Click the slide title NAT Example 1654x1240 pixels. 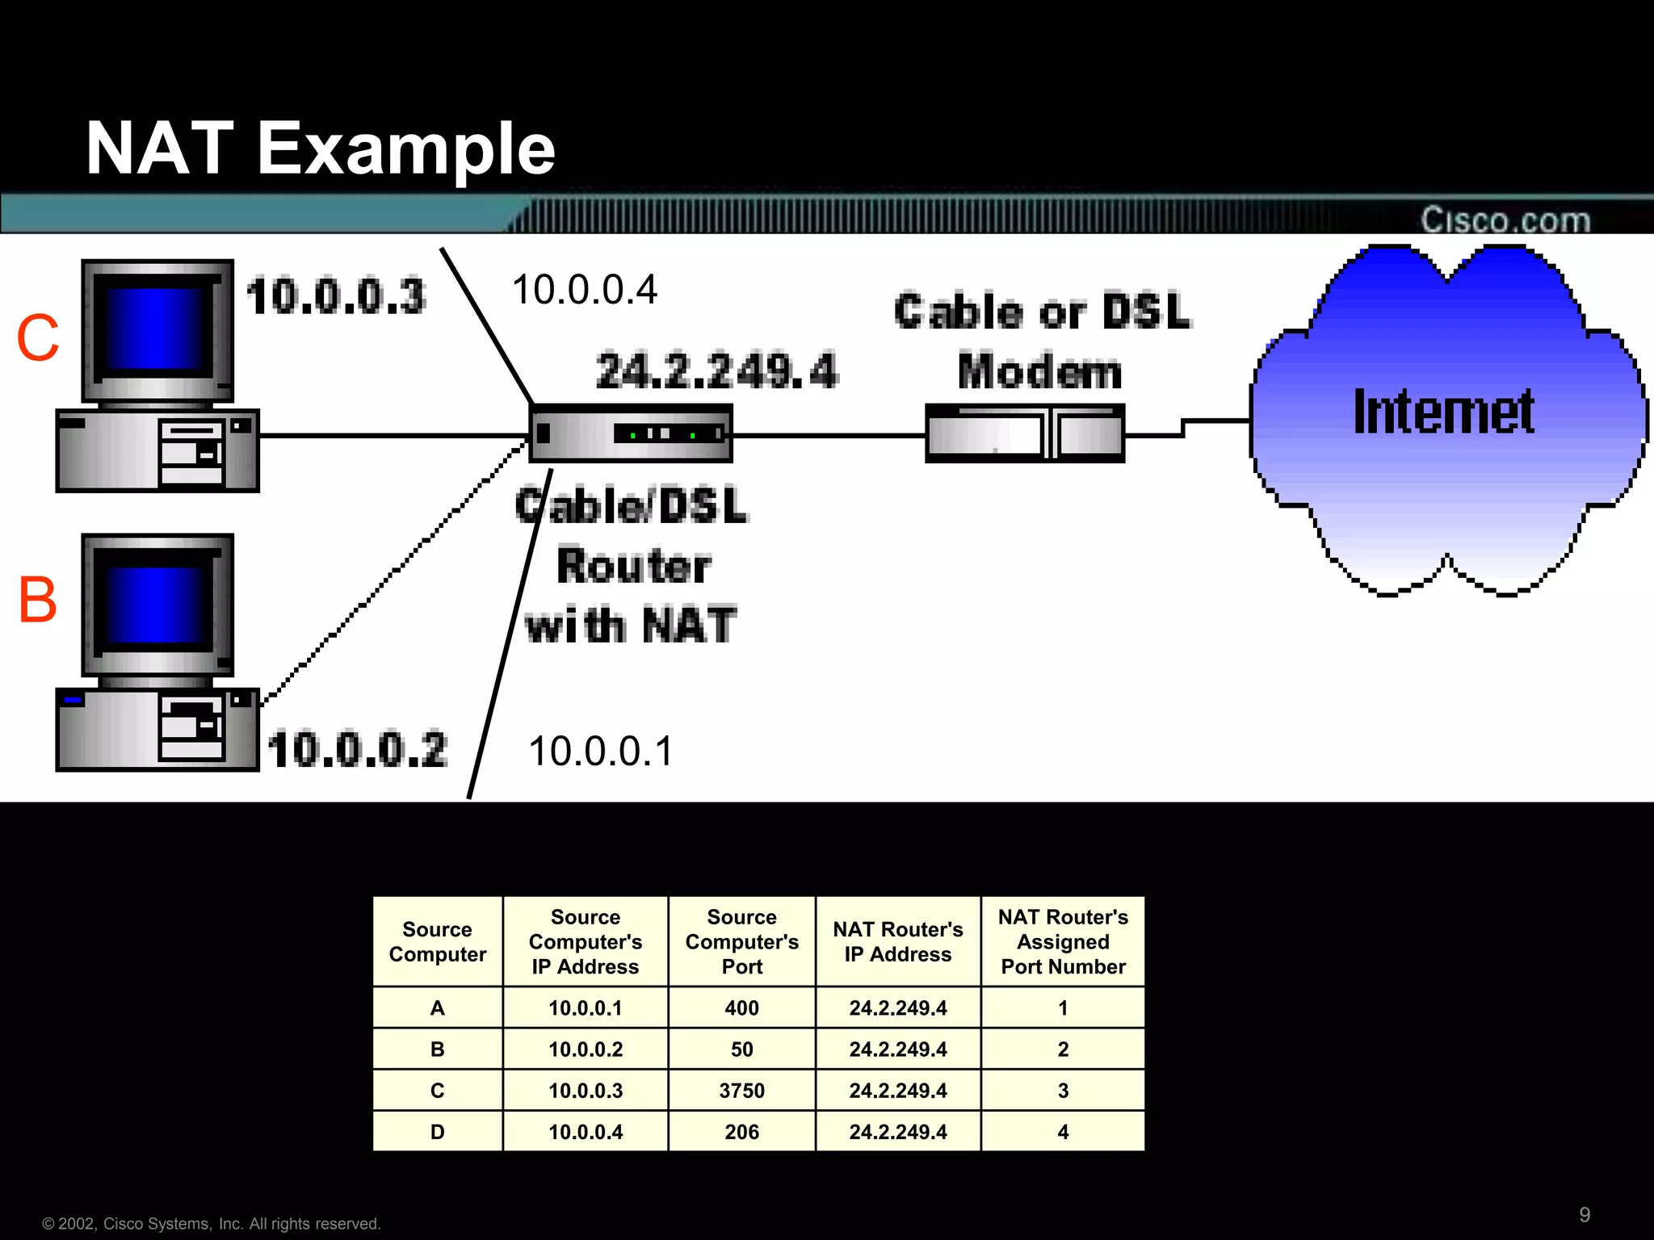click(x=321, y=149)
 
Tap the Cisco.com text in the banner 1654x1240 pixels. click(x=1505, y=220)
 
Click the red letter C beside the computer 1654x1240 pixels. click(x=38, y=337)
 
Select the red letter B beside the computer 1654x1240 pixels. click(x=38, y=600)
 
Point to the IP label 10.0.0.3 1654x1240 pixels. click(x=335, y=295)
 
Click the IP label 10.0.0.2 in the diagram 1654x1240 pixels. click(x=357, y=749)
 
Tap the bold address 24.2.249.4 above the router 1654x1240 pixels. click(x=716, y=371)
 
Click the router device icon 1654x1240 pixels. click(x=630, y=434)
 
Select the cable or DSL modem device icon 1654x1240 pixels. click(x=1024, y=434)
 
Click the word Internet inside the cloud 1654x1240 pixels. click(x=1443, y=412)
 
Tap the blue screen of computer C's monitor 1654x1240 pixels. click(x=153, y=327)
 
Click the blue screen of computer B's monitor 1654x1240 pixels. click(x=153, y=604)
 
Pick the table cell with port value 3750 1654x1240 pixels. click(x=741, y=1091)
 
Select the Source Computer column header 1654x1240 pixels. click(x=437, y=941)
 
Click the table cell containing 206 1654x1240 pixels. click(x=741, y=1132)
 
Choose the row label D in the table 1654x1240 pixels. click(x=437, y=1132)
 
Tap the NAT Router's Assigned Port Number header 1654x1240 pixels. click(x=1063, y=941)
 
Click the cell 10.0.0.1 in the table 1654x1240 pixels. click(x=585, y=1008)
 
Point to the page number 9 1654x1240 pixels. click(x=1585, y=1214)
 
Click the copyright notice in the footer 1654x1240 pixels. click(x=212, y=1224)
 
